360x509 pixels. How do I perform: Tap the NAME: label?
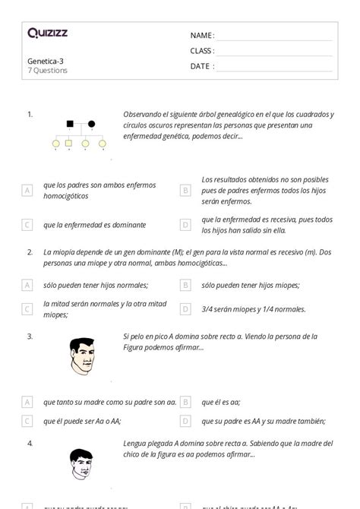tap(202, 36)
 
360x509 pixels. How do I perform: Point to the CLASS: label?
tap(202, 51)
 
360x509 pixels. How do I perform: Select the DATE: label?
tap(202, 66)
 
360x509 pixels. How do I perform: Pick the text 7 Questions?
tap(47, 71)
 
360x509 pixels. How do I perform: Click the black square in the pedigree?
tap(69, 123)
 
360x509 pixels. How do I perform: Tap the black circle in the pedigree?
tap(92, 123)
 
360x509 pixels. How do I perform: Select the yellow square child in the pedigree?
tap(69, 143)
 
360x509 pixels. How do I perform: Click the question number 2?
tap(30, 251)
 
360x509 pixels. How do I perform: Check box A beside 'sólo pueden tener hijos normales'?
tap(27, 286)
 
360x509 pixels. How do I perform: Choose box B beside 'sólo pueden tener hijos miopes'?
tap(185, 286)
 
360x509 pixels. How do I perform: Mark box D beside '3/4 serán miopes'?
tap(185, 309)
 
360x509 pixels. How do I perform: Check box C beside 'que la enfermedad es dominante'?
tap(27, 225)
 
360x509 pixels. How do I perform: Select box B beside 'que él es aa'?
tap(185, 403)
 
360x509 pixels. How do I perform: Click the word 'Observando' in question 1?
tap(141, 115)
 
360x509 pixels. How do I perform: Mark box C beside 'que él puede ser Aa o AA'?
tap(27, 421)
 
